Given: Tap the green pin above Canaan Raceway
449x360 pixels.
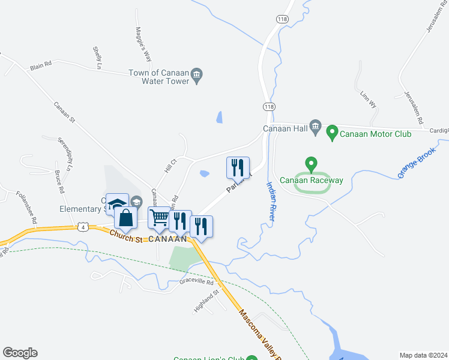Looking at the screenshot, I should point(311,164).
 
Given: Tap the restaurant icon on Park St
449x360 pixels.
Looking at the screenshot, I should point(238,167).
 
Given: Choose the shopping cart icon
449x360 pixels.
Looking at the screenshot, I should point(159,217).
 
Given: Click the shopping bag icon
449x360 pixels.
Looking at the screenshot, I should point(125,218).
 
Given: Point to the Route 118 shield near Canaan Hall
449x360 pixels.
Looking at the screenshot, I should point(268,106).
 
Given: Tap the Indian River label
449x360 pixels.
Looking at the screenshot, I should point(270,202).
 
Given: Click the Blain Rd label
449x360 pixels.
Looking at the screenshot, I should point(41,62).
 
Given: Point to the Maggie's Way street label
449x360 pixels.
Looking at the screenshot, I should point(142,45).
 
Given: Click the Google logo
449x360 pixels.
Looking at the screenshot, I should point(20,353).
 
